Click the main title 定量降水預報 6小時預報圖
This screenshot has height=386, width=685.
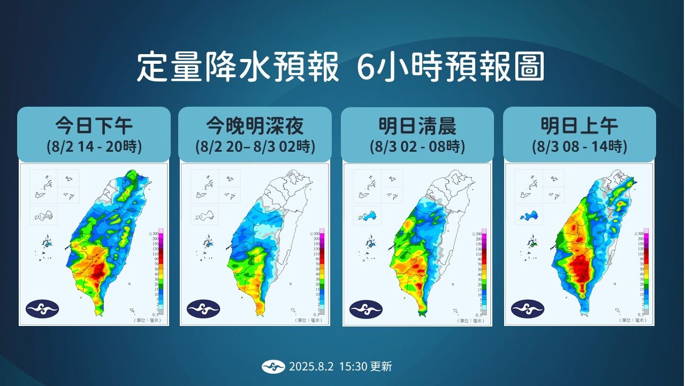tap(340, 67)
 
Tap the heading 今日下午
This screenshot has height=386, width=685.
tap(94, 126)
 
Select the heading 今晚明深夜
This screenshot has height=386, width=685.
tap(255, 126)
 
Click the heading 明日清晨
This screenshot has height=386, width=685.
tap(417, 126)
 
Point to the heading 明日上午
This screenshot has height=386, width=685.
tap(580, 126)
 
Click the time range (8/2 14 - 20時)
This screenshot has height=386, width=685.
tap(94, 146)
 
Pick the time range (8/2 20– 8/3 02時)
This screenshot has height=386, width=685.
tap(255, 146)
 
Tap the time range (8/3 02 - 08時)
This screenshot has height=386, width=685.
tap(417, 146)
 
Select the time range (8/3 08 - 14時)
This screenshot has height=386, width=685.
tap(580, 146)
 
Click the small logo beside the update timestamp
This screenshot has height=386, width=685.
tap(273, 367)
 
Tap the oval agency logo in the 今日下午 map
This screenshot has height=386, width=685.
tap(42, 309)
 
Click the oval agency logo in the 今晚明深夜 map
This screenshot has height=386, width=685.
tap(203, 309)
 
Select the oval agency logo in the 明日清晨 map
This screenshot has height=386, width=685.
tap(366, 309)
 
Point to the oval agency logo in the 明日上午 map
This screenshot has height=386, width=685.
tap(528, 309)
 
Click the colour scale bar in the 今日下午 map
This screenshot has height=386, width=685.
tap(161, 272)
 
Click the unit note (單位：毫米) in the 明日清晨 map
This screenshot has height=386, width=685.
tap(471, 321)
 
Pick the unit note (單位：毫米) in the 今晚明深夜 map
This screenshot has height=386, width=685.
tap(309, 321)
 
